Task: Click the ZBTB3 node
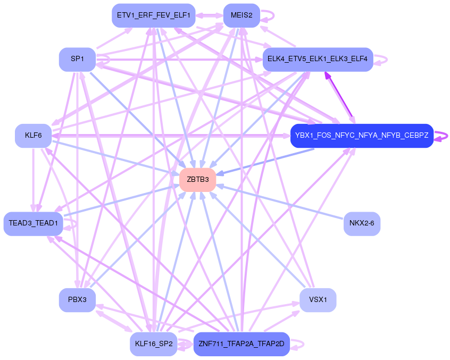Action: tap(197, 180)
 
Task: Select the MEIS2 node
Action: tap(241, 15)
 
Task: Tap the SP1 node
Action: tap(77, 59)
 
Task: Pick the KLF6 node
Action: tap(33, 136)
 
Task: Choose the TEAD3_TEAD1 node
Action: tap(33, 223)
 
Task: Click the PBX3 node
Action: tap(77, 300)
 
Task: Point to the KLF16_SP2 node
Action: tap(153, 344)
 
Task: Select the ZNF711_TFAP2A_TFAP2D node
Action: tap(241, 344)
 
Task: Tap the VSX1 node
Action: tap(318, 300)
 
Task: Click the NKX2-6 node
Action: tap(362, 223)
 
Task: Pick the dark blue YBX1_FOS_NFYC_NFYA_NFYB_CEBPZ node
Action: tap(362, 136)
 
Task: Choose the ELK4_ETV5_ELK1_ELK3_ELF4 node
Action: tap(318, 59)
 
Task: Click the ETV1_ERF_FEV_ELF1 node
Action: tap(153, 15)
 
